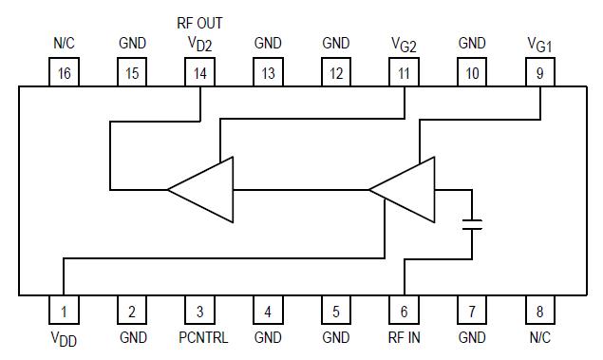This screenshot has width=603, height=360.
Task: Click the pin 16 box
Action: [64, 73]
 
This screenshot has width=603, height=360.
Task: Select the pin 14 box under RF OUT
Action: [199, 73]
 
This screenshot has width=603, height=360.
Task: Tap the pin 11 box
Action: [405, 73]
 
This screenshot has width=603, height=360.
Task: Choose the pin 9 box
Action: [540, 73]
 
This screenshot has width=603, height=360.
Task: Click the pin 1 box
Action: [64, 310]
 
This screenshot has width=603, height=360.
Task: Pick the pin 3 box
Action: [199, 310]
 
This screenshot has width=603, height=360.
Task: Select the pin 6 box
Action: [405, 310]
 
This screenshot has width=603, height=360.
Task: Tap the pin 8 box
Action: [540, 310]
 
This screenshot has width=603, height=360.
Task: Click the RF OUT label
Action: [199, 22]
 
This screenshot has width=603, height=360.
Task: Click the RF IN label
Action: [405, 337]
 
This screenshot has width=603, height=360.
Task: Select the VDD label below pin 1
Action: [64, 339]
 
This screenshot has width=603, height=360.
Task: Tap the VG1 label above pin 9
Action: [540, 45]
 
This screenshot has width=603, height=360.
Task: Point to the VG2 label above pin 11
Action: [405, 45]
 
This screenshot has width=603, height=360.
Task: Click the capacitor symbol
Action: [472, 225]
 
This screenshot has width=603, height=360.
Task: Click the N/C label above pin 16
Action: [64, 44]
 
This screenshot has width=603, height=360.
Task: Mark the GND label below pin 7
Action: [472, 337]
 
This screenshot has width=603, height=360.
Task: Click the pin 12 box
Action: [336, 73]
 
